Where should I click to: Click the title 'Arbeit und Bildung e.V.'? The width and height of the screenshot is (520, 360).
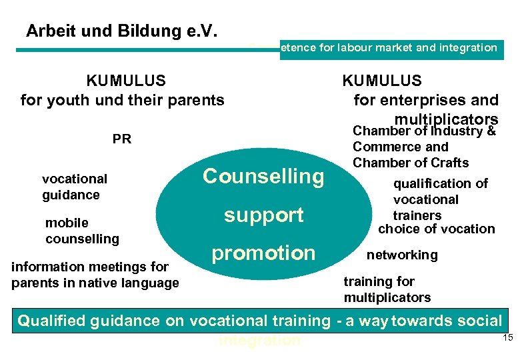tap(122, 31)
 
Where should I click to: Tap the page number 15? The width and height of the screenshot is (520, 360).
tap(507, 339)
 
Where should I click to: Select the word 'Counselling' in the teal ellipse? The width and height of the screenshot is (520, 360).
tap(263, 177)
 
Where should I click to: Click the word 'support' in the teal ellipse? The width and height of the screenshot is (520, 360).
tap(263, 215)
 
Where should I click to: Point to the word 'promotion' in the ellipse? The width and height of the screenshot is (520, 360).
tap(263, 253)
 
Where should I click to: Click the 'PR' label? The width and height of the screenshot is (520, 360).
tap(122, 139)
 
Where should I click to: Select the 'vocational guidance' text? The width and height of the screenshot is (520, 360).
tap(74, 187)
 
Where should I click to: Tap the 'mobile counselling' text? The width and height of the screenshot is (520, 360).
tap(82, 231)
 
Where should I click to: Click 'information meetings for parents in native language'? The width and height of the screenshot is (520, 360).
tap(95, 275)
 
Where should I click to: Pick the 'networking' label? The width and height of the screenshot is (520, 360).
tap(402, 255)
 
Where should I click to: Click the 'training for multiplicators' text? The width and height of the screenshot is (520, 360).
tap(387, 289)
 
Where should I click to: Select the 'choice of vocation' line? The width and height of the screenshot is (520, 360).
tap(436, 229)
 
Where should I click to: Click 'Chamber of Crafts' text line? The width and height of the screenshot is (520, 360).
tap(410, 163)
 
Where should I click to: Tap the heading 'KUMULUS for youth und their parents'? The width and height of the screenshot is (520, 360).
tap(123, 91)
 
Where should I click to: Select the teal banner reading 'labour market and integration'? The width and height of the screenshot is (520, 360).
tap(389, 48)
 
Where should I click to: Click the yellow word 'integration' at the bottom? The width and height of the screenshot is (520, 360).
tap(259, 341)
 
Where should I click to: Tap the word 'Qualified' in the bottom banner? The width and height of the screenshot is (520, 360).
tap(51, 321)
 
